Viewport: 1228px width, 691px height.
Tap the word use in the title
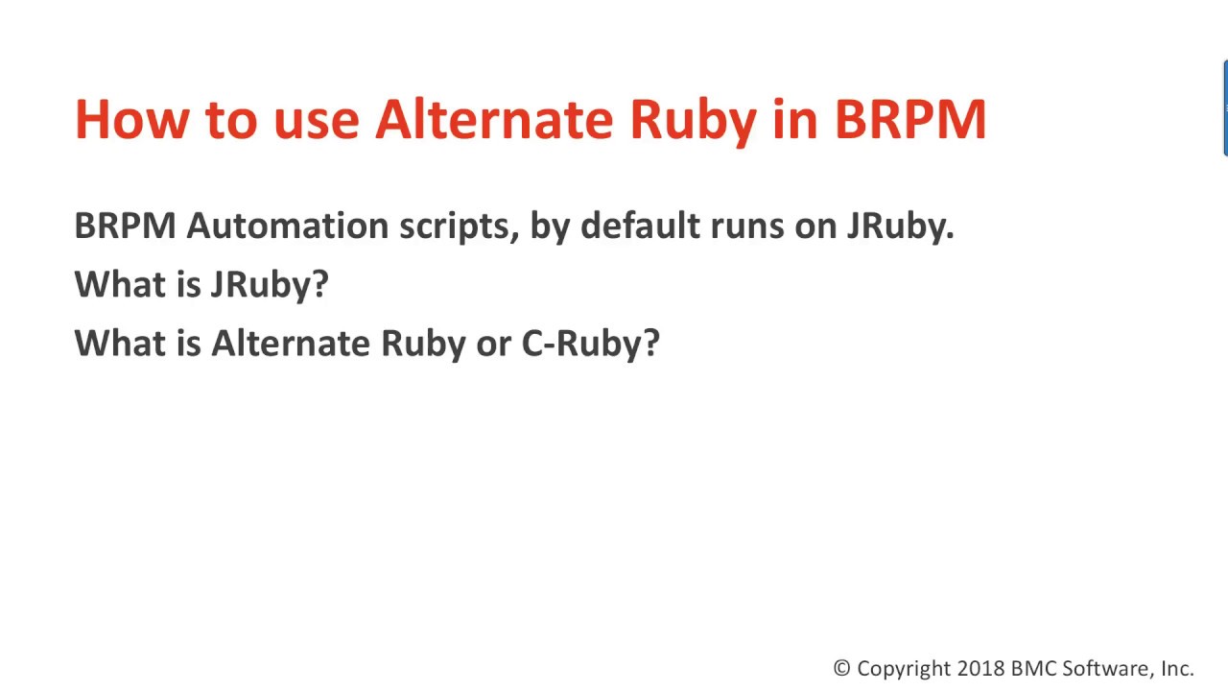click(x=316, y=119)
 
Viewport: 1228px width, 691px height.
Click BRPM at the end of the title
click(x=909, y=119)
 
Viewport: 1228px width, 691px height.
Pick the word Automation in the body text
click(x=287, y=226)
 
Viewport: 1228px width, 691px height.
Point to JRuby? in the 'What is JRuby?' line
click(x=269, y=285)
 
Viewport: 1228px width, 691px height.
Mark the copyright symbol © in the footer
click(x=841, y=669)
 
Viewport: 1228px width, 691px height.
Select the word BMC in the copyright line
click(x=1032, y=669)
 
